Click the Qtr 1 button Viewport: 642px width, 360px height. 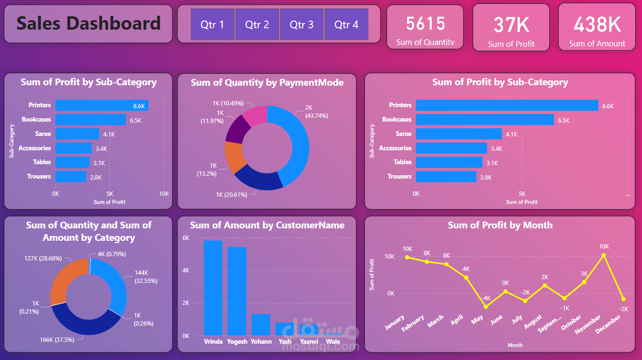212,24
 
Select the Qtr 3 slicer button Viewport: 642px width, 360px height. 301,24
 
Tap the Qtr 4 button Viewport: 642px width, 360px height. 346,24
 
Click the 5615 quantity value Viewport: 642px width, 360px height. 425,23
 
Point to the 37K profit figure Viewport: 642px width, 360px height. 511,25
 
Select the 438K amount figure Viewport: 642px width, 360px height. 597,24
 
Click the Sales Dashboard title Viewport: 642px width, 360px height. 89,23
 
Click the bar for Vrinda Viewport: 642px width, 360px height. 213,288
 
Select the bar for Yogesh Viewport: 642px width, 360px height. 237,291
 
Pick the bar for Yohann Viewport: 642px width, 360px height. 261,325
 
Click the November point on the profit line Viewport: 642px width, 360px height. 604,256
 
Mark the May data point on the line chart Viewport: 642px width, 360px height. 486,306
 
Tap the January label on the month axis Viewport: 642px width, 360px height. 395,322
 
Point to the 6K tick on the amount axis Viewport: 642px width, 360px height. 186,238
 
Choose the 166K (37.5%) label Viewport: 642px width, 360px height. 57,339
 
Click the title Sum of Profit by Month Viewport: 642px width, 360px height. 500,225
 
